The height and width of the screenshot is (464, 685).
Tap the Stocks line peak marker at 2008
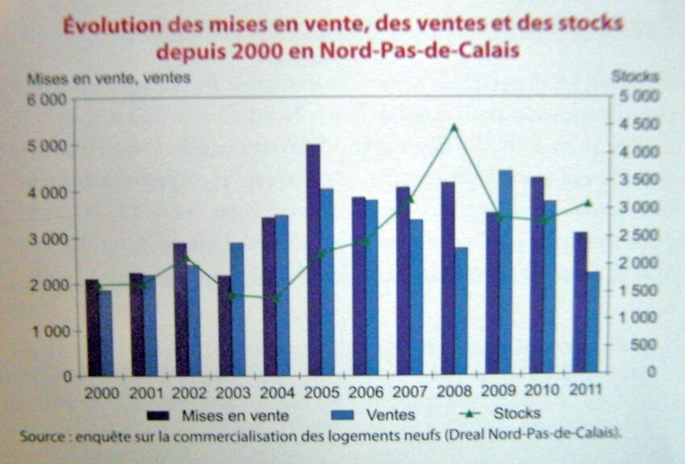[453, 126]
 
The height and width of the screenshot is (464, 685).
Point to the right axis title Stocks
[635, 77]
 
